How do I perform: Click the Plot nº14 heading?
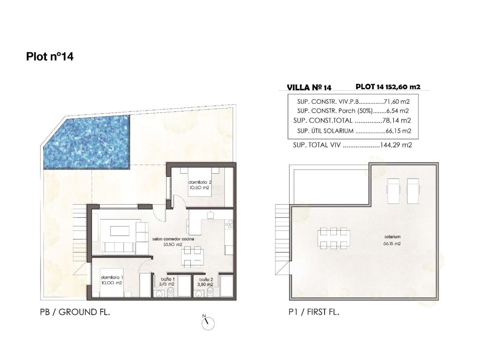click(x=50, y=57)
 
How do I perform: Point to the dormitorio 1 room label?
click(x=112, y=278)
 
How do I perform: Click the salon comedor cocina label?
click(x=173, y=239)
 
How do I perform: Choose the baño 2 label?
click(x=206, y=279)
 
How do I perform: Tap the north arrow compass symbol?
click(x=208, y=322)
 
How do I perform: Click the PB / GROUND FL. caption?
click(x=74, y=312)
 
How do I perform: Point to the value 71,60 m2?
click(x=396, y=102)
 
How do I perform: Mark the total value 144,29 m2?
click(x=396, y=146)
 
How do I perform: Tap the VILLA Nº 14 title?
click(x=309, y=87)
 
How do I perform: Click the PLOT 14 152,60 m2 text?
click(x=387, y=87)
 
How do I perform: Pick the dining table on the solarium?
click(x=334, y=238)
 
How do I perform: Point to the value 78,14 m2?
click(x=397, y=121)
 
